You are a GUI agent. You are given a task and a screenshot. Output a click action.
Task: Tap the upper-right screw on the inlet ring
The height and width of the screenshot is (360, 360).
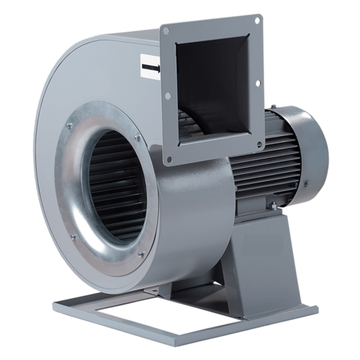tap(137, 137)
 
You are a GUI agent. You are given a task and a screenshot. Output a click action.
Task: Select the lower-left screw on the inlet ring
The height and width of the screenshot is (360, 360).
tap(73, 237)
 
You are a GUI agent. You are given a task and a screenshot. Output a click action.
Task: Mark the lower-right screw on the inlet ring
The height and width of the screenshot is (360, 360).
tap(141, 253)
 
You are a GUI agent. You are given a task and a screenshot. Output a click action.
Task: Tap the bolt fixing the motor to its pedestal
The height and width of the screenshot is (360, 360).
tap(273, 207)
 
